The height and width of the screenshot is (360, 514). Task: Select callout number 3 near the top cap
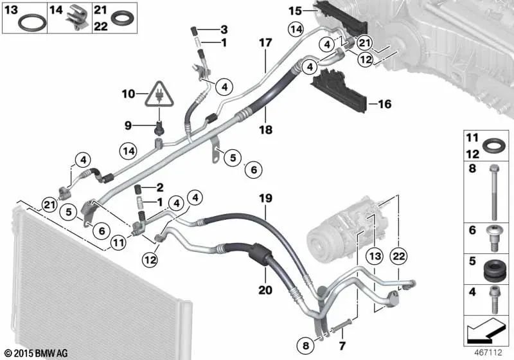(x=224, y=30)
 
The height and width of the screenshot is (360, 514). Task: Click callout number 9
(x=127, y=124)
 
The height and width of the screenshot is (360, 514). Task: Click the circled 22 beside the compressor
(x=399, y=256)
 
